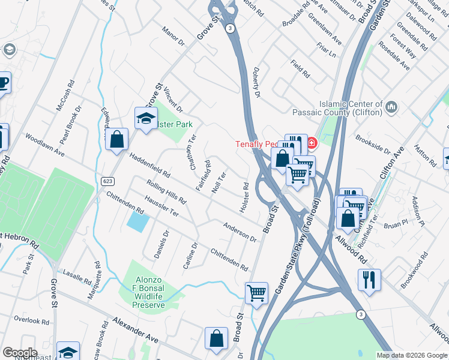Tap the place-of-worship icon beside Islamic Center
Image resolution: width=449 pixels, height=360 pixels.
[392, 108]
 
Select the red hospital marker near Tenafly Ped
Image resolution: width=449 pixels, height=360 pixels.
[312, 143]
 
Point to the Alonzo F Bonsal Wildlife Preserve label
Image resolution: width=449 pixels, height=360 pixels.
[148, 293]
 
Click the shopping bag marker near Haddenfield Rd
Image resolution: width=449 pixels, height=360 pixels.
[117, 140]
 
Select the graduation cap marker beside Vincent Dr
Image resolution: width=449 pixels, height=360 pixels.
[146, 119]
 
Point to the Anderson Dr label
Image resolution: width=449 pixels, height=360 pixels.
[240, 232]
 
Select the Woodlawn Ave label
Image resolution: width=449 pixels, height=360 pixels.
[44, 145]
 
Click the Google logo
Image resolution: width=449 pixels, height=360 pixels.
[20, 353]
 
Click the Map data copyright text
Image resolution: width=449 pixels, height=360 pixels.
[412, 355]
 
